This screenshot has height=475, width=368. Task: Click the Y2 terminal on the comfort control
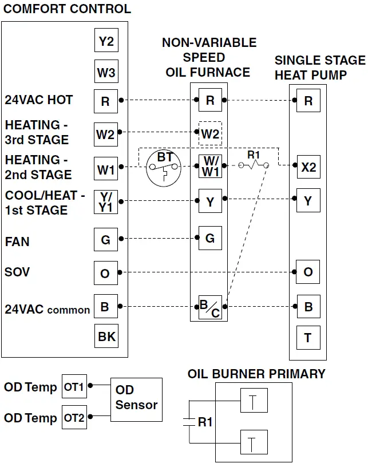(x=106, y=41)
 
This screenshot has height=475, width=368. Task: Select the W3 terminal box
(x=106, y=73)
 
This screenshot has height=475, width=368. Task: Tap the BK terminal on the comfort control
(x=106, y=337)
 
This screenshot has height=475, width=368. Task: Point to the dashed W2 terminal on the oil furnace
(x=210, y=134)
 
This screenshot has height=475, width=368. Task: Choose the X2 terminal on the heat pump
(x=308, y=167)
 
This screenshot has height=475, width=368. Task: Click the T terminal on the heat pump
(x=308, y=338)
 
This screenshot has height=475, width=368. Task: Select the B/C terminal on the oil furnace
(x=210, y=308)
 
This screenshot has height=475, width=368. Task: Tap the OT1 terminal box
(x=74, y=387)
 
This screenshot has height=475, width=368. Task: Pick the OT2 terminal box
(x=74, y=418)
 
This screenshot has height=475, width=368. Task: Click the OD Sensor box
(x=136, y=399)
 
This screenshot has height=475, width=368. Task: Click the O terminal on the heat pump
(x=308, y=272)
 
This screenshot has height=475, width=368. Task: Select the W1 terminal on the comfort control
(x=106, y=170)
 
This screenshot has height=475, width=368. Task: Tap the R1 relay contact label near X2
(x=254, y=155)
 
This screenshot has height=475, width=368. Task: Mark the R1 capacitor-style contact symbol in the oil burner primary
(x=189, y=422)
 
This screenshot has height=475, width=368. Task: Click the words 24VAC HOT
(x=39, y=100)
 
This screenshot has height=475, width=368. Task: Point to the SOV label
(x=17, y=271)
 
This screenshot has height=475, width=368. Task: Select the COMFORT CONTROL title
(x=68, y=9)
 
